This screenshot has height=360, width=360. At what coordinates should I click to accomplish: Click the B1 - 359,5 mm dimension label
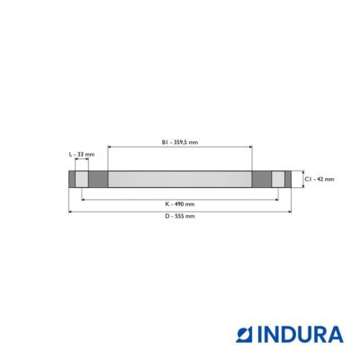coord(180,142)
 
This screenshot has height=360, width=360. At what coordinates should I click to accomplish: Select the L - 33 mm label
coord(82,155)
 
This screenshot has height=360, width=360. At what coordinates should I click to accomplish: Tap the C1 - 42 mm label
coord(319,179)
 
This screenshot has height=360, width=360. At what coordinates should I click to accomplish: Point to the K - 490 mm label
coord(180,204)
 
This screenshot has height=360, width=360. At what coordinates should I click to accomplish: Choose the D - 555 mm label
coord(180,216)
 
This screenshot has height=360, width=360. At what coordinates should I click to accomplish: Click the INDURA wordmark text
coord(301,335)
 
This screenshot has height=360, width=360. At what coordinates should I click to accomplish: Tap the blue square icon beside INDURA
coord(245,335)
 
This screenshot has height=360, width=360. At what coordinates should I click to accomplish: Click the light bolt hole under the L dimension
coord(82,179)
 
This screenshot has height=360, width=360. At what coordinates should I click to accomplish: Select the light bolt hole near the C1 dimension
coord(278,179)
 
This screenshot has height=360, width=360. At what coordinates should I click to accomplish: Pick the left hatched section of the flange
coord(98,179)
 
